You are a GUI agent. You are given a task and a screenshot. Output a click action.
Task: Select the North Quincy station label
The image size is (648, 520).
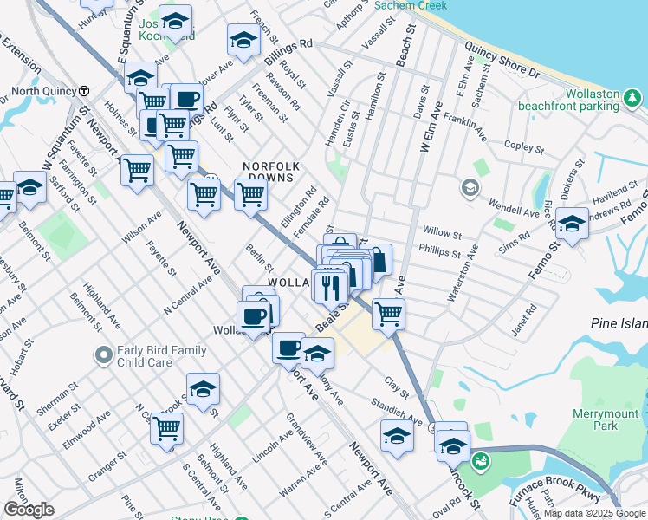tap(42, 91)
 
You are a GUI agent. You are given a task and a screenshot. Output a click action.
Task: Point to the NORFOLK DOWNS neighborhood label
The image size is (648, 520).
tap(270, 171)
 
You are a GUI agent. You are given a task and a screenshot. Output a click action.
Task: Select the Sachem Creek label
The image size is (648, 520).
tap(411, 5)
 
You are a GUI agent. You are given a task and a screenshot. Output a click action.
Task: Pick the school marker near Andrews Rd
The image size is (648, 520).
tap(572, 224)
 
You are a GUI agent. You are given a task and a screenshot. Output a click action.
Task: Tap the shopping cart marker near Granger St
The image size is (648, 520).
tap(166, 428)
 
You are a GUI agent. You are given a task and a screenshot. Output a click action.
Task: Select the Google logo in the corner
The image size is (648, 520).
tap(29, 510)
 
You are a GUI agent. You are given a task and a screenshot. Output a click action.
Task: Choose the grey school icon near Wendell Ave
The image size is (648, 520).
tap(469, 186)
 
